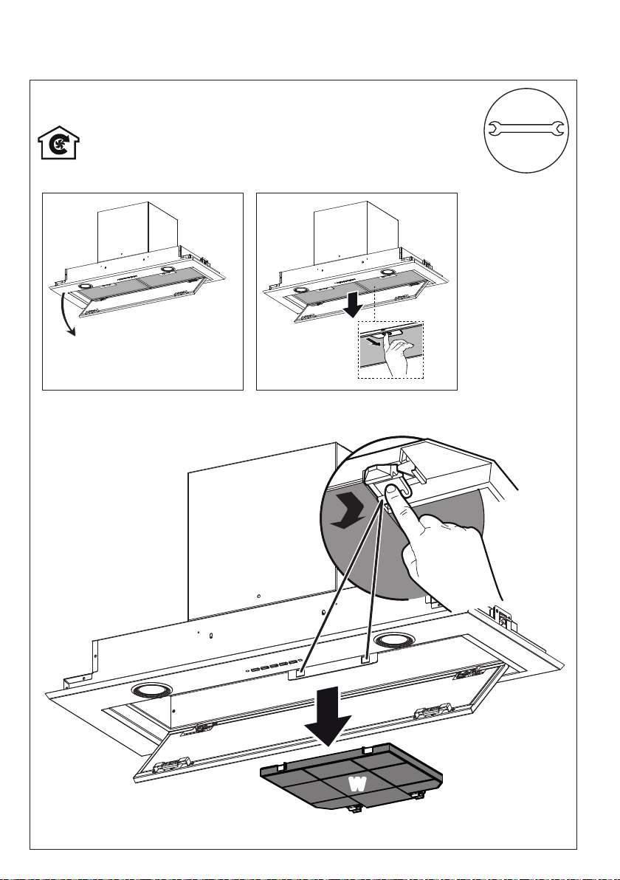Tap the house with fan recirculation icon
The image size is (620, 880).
(x=58, y=143)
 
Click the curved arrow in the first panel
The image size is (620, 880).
(x=66, y=315)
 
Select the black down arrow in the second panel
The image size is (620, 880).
(x=354, y=303)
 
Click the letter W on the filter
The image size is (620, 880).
(x=357, y=783)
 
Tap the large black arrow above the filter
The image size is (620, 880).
(x=328, y=715)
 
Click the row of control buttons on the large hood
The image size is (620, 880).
(x=273, y=666)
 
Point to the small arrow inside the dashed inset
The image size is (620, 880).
(x=372, y=340)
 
